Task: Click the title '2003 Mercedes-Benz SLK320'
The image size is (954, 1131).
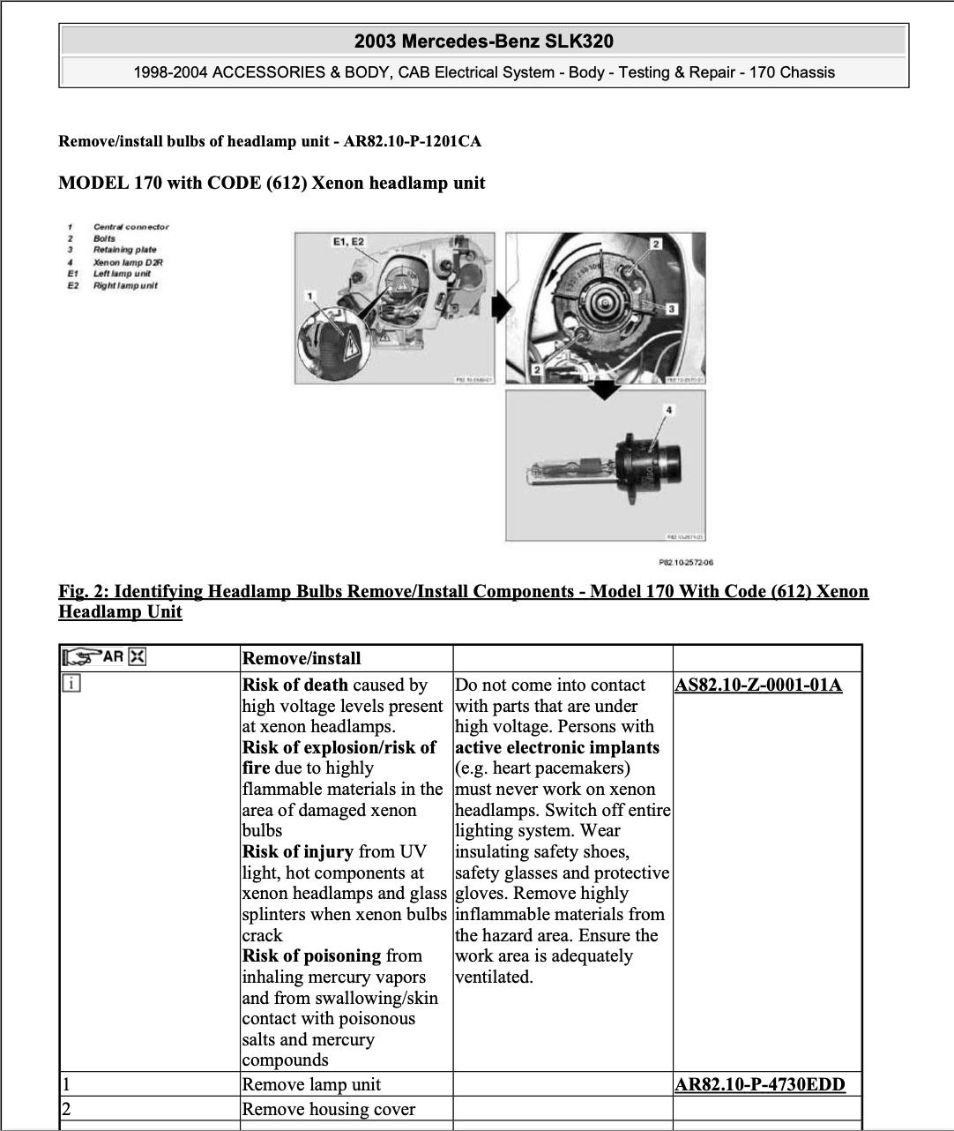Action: click(483, 41)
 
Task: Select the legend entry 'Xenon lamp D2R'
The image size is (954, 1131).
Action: click(128, 262)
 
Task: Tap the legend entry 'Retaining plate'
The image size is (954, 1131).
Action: click(124, 250)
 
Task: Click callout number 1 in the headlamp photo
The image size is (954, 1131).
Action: click(309, 296)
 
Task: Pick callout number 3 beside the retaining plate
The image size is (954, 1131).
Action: click(671, 309)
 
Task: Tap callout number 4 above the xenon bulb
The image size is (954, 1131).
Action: click(669, 410)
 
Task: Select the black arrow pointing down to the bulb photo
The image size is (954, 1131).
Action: click(605, 389)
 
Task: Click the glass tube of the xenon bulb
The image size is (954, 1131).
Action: click(565, 468)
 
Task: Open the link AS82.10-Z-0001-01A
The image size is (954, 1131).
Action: click(758, 685)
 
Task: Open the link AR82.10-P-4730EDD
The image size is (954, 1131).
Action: click(759, 1085)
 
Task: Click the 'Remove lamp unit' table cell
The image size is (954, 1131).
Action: click(311, 1085)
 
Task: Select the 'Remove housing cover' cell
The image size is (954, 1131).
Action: click(328, 1110)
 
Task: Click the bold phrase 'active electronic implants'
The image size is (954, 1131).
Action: click(556, 748)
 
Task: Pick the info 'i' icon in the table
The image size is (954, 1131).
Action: click(71, 683)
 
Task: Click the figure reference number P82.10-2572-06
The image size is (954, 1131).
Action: click(685, 562)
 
